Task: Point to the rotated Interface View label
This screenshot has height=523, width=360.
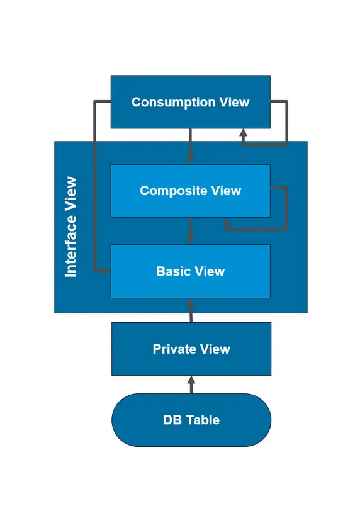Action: pos(71,227)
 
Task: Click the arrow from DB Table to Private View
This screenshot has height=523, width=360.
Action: pos(191,385)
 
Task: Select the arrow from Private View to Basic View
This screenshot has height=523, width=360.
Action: pos(191,310)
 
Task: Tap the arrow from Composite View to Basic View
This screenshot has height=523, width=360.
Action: pos(190,231)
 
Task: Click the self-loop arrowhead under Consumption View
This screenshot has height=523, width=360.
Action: pos(243,134)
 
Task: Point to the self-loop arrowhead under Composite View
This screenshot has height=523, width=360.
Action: pos(227,223)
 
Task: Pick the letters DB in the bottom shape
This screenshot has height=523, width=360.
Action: pos(171,420)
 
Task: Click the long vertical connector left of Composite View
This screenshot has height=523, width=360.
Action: pos(94,189)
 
